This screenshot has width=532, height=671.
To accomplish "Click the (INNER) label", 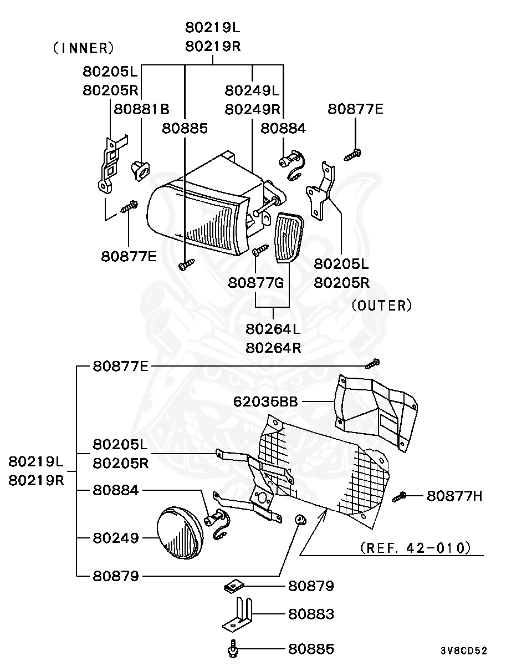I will [x=83, y=48].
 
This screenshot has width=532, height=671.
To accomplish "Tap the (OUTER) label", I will [x=382, y=306].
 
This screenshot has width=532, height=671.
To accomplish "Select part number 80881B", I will [x=142, y=109].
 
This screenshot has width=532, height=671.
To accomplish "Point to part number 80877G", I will [x=255, y=283].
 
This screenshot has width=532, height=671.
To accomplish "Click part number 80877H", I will [x=454, y=496].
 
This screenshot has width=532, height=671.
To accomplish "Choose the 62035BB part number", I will [x=265, y=401].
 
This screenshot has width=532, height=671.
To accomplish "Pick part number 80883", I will [x=311, y=614].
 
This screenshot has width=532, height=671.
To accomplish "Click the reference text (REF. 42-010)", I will [x=415, y=548].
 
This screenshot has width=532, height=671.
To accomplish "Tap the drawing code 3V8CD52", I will [x=464, y=651].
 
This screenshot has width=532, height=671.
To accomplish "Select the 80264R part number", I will [x=273, y=348].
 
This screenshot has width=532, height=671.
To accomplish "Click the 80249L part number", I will [x=252, y=90].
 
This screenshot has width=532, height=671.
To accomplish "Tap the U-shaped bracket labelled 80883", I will [x=239, y=616].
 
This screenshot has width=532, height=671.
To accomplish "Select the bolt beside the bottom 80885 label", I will [x=233, y=649].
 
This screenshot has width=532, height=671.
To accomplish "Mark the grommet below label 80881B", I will [x=139, y=170].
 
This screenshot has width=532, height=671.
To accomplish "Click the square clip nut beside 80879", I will [x=232, y=586].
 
